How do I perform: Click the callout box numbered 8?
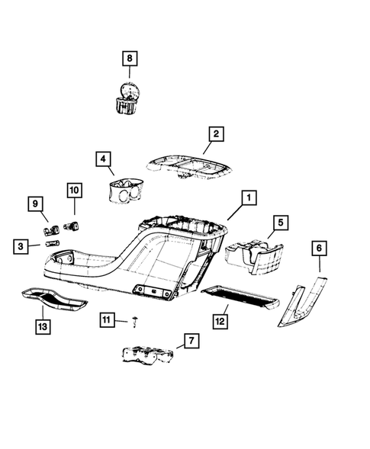pos(129,57)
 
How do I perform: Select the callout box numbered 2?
pos(217,134)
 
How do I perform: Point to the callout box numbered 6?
pos(319,248)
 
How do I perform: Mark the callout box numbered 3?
pos(23,245)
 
